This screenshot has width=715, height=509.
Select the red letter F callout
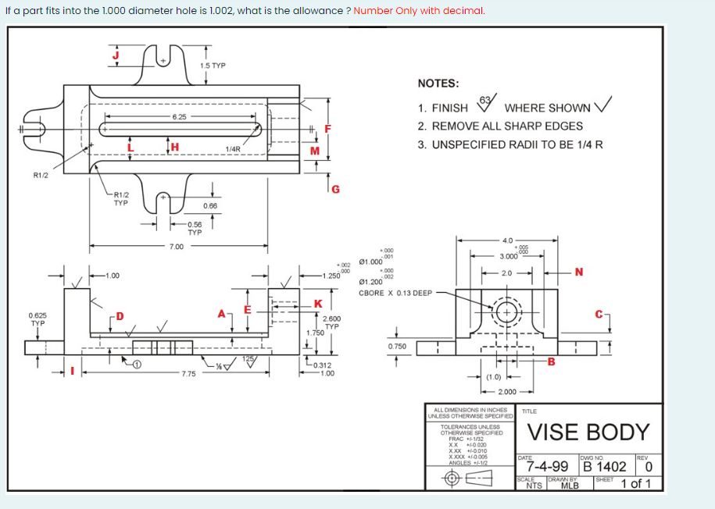point(329,128)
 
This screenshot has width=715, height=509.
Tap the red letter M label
point(315,150)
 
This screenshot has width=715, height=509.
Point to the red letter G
point(335,188)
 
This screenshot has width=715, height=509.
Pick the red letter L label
point(131,146)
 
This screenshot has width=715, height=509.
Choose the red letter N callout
point(579,272)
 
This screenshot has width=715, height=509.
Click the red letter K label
point(318,303)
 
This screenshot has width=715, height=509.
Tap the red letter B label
point(551,361)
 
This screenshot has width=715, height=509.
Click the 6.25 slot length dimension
point(179,116)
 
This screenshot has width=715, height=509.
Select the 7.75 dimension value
point(188,374)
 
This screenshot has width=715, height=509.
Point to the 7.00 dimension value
point(177,247)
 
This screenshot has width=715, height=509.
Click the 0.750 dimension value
point(397,346)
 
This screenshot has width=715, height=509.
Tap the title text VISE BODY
point(588,432)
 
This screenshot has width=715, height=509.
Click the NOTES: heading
point(438,84)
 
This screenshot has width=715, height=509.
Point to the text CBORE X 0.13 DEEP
point(395,293)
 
